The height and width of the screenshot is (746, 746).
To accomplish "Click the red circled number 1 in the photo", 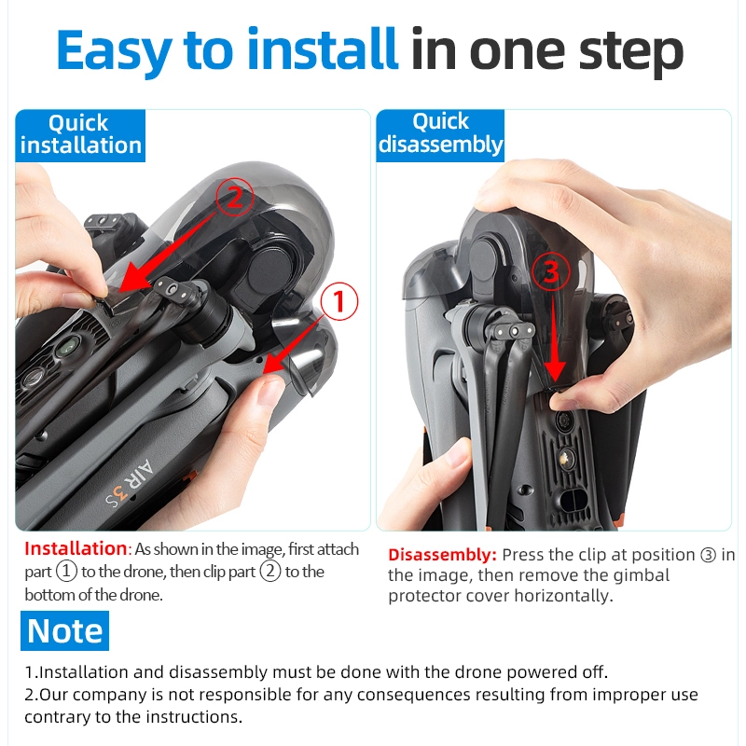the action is pos(338,301).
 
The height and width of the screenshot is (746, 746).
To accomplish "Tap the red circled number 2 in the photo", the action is pos(235,197).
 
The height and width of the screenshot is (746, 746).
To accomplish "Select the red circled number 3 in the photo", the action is pos(550,271).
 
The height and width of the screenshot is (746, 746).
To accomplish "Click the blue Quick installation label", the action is pos(80,135).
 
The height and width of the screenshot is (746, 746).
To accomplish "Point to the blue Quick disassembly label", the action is pos(440,135).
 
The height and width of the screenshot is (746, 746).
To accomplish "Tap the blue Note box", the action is pos(64,630).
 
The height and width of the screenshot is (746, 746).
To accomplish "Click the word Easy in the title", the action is pos(114,51).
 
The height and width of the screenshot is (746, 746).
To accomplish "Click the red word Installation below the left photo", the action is pos(76,548).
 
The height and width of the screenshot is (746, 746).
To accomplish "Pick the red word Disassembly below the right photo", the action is pos(442,555).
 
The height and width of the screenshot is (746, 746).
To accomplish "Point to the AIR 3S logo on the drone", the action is pos(130,484).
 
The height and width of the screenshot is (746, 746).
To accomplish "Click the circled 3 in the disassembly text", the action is pos(708,555).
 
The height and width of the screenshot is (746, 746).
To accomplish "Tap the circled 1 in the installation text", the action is pos(66,572).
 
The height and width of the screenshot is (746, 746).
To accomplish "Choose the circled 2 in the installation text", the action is pos(270,572).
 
